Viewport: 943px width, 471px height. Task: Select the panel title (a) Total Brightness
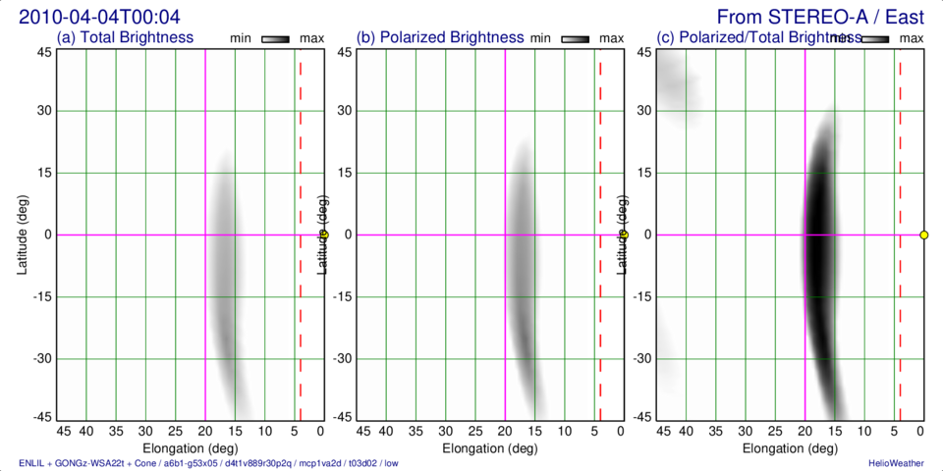125,38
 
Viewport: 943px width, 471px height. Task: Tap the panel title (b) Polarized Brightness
440,38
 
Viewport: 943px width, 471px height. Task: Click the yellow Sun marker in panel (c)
923,235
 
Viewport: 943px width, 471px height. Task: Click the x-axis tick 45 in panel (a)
63,431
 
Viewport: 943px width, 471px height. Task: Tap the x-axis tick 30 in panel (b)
446,431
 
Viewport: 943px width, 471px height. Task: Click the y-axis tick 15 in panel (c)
643,173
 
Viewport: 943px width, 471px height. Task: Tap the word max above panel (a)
311,38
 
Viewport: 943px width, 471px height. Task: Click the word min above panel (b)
540,38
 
